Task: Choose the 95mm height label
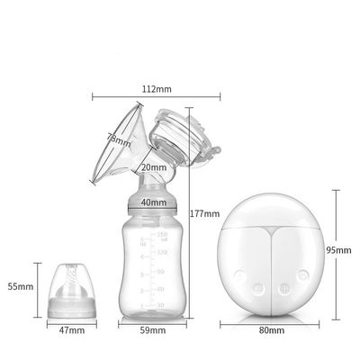tap(340, 249)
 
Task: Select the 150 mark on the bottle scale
tap(163, 235)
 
